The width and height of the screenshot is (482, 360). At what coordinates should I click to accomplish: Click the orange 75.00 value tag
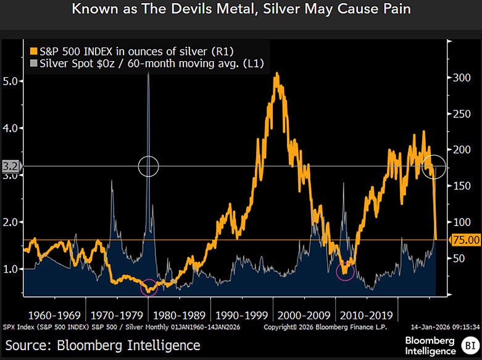tap(466, 240)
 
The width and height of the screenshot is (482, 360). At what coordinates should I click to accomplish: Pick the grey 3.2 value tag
tap(9, 165)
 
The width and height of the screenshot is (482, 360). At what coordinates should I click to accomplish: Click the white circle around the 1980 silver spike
tap(149, 165)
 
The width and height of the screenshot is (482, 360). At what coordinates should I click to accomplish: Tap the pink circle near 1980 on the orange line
tap(149, 288)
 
